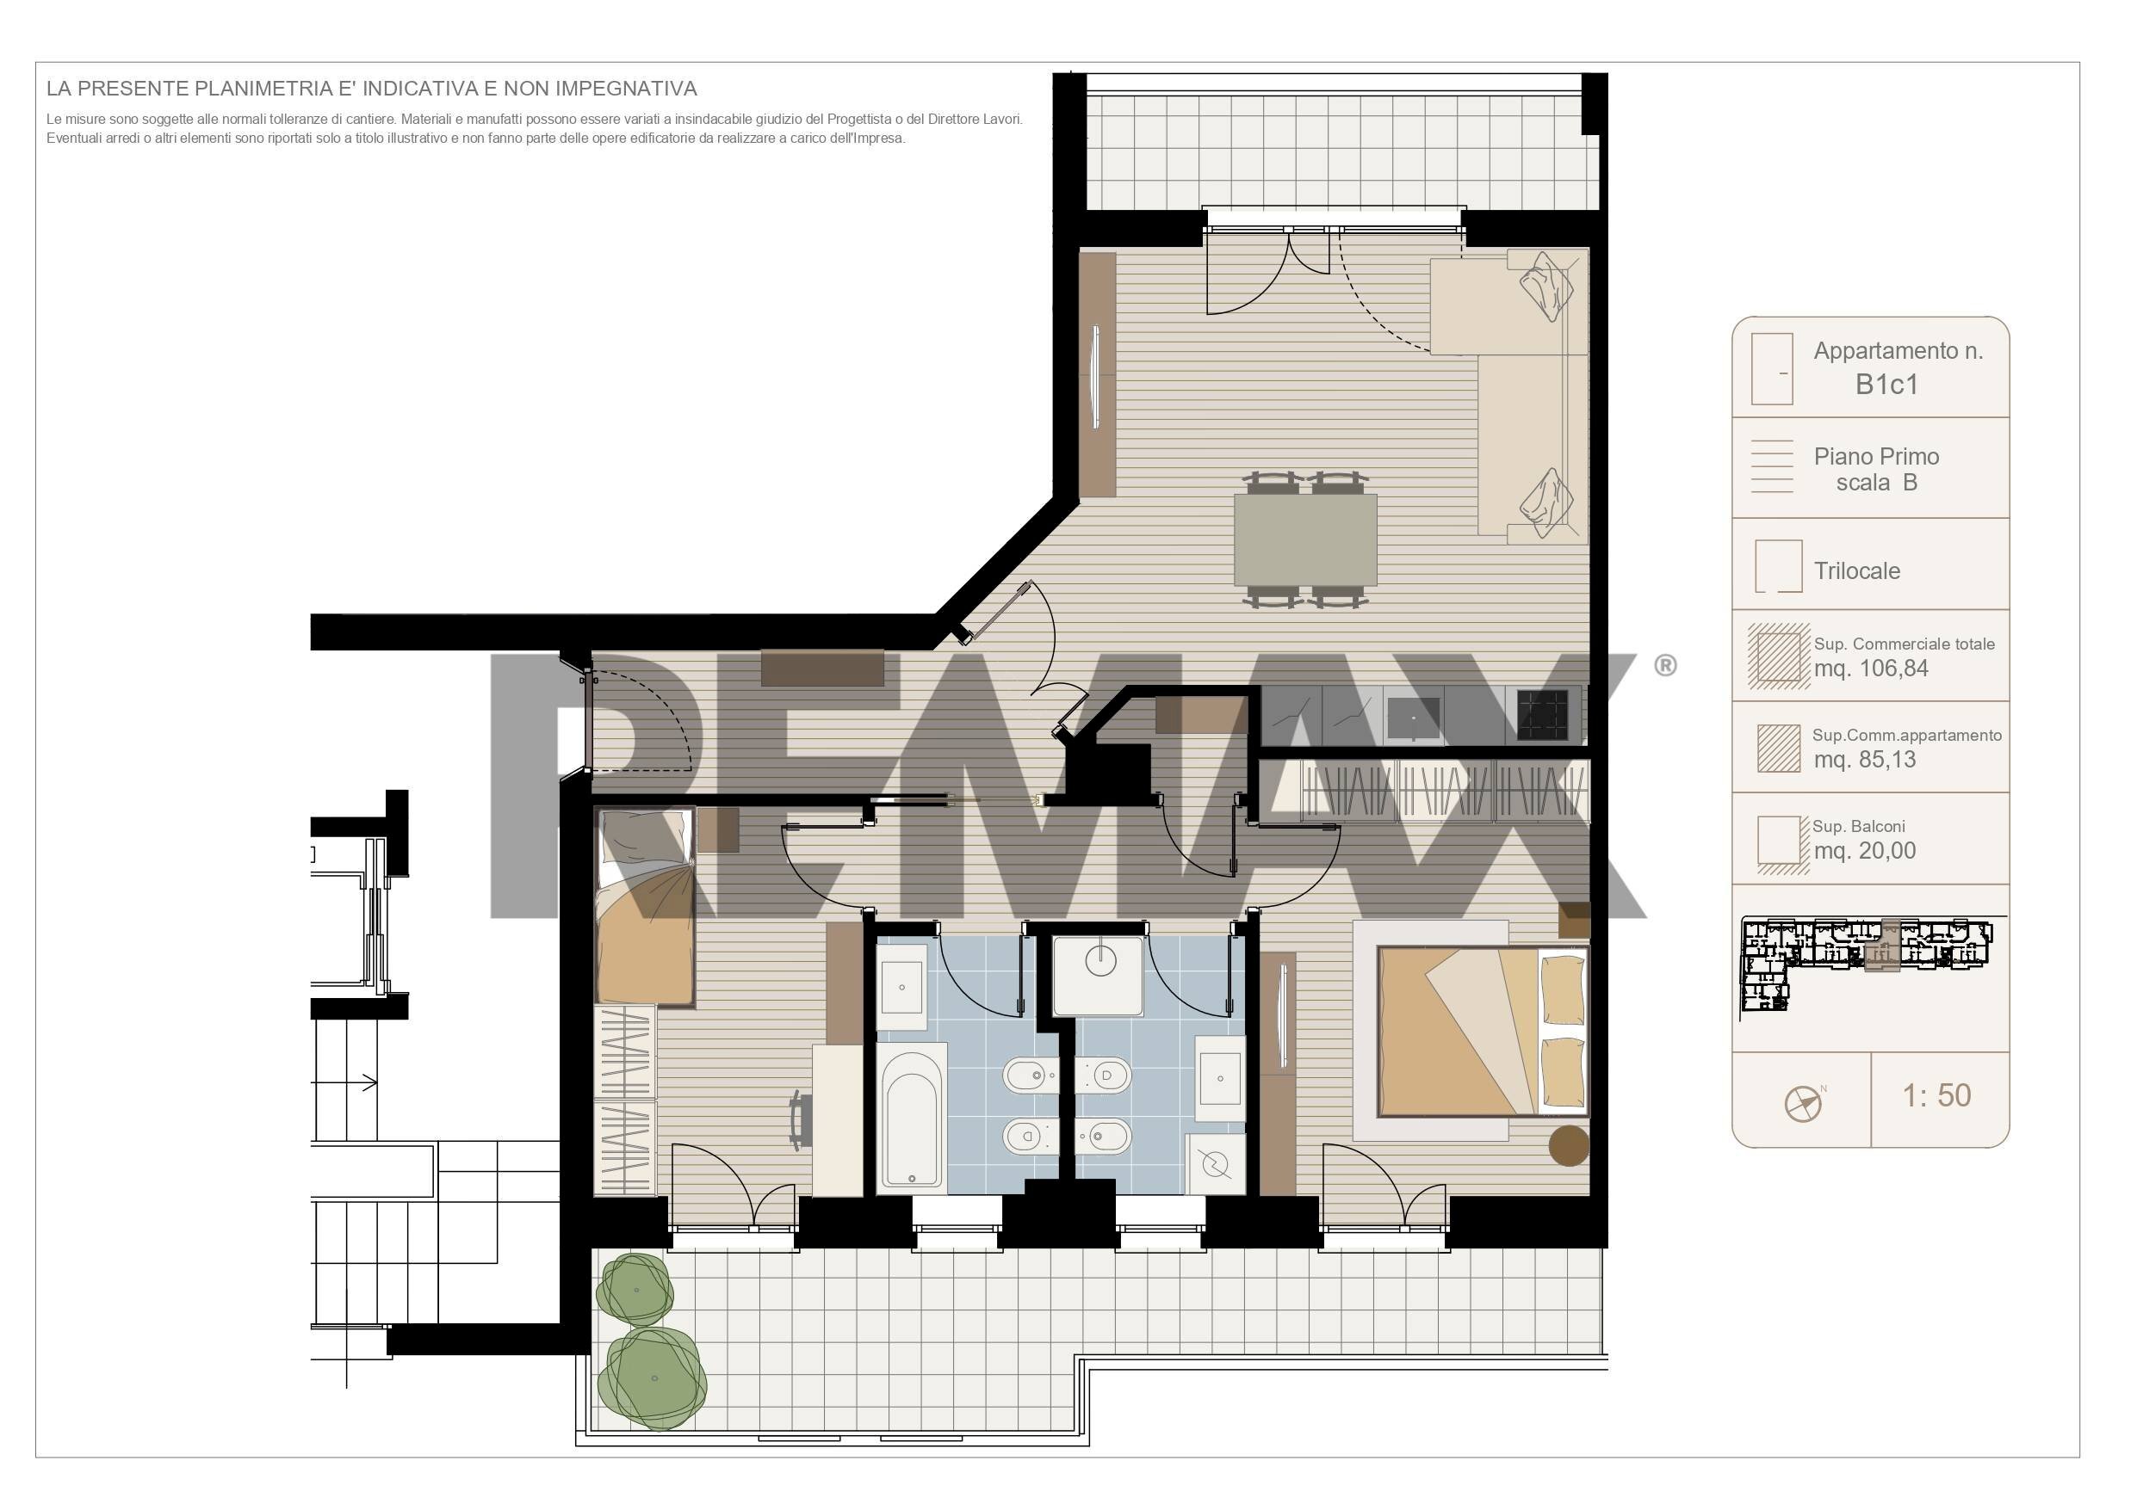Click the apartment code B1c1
1886,385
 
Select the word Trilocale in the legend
1857,570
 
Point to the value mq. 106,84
1871,668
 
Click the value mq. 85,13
1865,759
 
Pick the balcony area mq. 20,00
1865,850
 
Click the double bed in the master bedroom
1484,1031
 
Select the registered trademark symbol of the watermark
1665,665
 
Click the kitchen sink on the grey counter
1413,718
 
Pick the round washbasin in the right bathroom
1101,960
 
